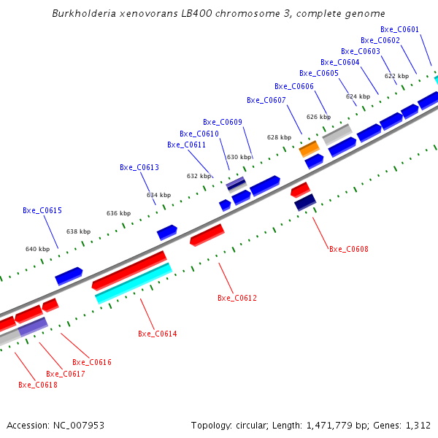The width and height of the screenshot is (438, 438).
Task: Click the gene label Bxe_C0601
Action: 399,30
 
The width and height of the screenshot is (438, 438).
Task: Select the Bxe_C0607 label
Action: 266,101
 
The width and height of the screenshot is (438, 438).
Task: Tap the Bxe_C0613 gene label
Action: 139,168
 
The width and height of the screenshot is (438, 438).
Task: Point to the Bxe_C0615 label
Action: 42,211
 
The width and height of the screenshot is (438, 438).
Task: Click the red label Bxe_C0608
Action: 348,250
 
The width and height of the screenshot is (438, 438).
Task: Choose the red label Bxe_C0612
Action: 237,299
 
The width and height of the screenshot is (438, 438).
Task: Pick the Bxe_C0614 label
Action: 157,334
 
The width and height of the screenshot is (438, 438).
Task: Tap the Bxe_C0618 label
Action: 37,385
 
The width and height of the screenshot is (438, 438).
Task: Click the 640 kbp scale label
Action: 37,250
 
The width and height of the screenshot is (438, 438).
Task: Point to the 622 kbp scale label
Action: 396,76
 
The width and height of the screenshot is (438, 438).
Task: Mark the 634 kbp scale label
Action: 158,196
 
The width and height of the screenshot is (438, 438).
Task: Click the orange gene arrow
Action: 310,149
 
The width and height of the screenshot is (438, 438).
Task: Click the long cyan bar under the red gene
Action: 134,283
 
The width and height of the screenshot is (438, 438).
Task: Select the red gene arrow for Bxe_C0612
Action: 207,235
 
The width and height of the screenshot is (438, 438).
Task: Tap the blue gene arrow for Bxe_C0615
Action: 69,276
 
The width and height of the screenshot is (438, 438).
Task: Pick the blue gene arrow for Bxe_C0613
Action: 167,232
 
